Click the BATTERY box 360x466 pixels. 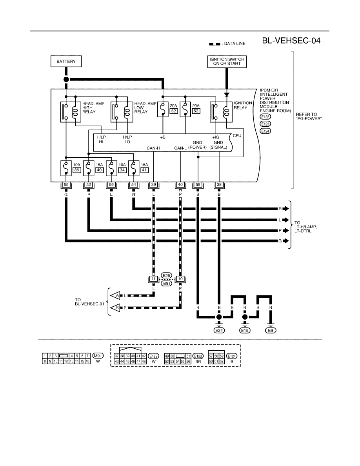coord(66,62)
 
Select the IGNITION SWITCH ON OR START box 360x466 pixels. coord(227,62)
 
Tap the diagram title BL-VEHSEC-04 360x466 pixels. coord(291,41)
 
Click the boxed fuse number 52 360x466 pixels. coord(174,111)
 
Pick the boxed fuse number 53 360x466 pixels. coord(196,111)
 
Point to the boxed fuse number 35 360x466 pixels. coord(77,170)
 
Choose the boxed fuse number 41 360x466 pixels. coord(144,170)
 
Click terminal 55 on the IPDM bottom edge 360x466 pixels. coord(66,185)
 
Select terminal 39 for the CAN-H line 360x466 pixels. coord(154,185)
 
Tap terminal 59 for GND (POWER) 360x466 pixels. coord(198,185)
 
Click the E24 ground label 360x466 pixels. coord(219,331)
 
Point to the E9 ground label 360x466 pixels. coord(270,331)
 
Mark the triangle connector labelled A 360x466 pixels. coord(116,295)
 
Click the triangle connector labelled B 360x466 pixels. coord(116,307)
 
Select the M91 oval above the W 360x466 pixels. coord(98,356)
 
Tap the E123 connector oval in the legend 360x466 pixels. coord(198,356)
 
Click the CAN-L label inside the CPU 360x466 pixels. coord(180,148)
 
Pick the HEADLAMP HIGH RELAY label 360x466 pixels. coord(93,108)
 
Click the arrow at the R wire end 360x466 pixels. coord(285,209)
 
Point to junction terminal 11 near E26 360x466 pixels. coord(153,279)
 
